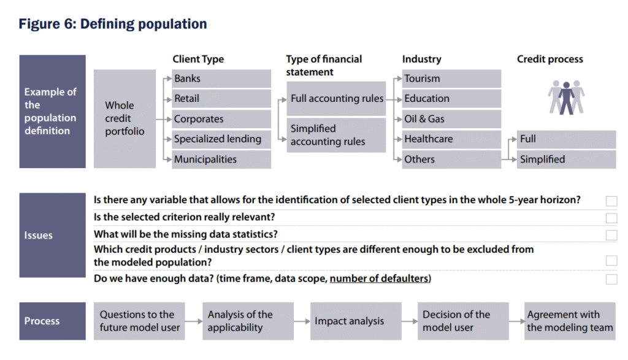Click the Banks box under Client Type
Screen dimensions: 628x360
click(x=221, y=79)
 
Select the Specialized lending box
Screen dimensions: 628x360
click(x=221, y=139)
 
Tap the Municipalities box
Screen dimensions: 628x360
click(x=221, y=159)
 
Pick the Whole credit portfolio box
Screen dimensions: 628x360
click(x=124, y=119)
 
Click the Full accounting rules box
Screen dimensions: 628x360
click(x=336, y=99)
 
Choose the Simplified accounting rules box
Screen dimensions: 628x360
click(x=336, y=135)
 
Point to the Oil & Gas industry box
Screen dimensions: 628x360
click(x=451, y=119)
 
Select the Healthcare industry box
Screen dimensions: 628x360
click(x=451, y=139)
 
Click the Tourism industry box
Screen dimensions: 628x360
click(x=451, y=79)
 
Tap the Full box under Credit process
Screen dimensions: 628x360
click(x=566, y=139)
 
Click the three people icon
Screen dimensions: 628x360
click(x=566, y=98)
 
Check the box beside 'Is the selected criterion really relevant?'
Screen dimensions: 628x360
click(x=611, y=218)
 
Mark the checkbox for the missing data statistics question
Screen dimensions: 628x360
click(x=611, y=235)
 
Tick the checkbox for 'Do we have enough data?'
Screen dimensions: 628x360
click(x=611, y=279)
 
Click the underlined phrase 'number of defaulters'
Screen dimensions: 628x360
click(x=379, y=278)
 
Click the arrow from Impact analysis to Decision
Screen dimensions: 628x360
click(x=409, y=321)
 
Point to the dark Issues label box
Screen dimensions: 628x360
click(x=53, y=235)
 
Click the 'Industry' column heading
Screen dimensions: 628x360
click(x=422, y=59)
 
